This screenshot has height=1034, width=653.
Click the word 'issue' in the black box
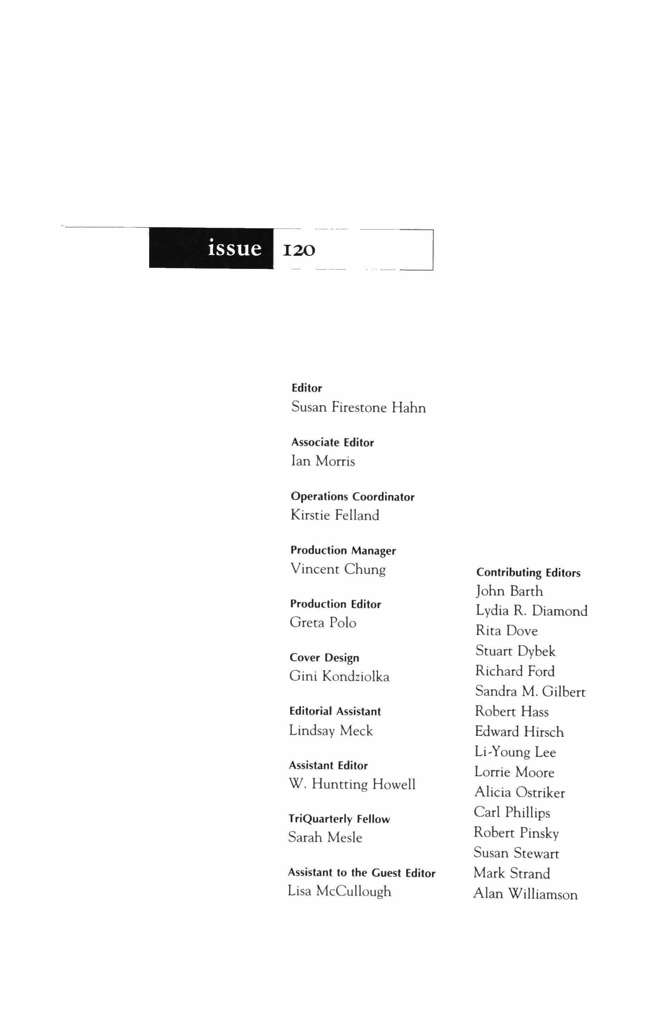point(235,249)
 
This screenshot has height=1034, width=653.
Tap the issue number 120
point(299,250)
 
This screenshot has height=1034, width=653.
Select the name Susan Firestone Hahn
point(358,407)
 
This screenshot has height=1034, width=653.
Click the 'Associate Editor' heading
point(333,442)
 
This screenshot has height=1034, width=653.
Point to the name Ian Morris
point(323,461)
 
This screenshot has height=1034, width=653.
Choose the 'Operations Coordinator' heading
point(352,496)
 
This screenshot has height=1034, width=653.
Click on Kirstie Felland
point(335,515)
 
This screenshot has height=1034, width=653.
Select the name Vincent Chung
point(338,569)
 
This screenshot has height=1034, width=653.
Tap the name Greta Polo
point(323,623)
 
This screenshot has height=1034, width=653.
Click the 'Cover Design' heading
point(324,658)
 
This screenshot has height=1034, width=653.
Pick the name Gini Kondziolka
point(339,676)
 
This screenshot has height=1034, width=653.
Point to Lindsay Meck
point(331,731)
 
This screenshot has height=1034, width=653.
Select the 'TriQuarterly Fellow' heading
point(339,819)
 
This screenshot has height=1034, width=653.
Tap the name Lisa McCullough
point(339,891)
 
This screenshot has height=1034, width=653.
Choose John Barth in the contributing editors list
point(509,591)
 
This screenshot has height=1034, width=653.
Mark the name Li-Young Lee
point(515,752)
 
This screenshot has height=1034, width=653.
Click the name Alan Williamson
point(525,894)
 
